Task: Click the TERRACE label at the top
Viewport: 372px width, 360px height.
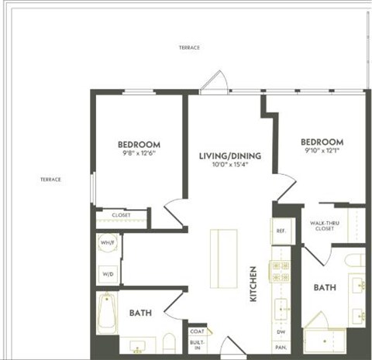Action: coord(189,48)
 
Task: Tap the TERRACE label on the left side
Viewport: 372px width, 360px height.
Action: coord(50,180)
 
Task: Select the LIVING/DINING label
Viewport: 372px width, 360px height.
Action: coord(229,156)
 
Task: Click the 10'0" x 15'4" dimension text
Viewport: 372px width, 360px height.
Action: coord(229,165)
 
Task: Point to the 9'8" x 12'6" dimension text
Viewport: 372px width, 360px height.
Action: coord(139,153)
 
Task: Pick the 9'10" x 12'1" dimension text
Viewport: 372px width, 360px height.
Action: coord(322,151)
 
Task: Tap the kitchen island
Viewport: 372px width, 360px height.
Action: coord(224,256)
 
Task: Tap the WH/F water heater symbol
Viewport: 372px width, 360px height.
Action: coord(108,245)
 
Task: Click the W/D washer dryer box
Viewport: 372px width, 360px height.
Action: coord(108,273)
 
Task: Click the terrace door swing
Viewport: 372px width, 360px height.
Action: coord(215,82)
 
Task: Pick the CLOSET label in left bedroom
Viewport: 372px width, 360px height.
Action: coord(121,215)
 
